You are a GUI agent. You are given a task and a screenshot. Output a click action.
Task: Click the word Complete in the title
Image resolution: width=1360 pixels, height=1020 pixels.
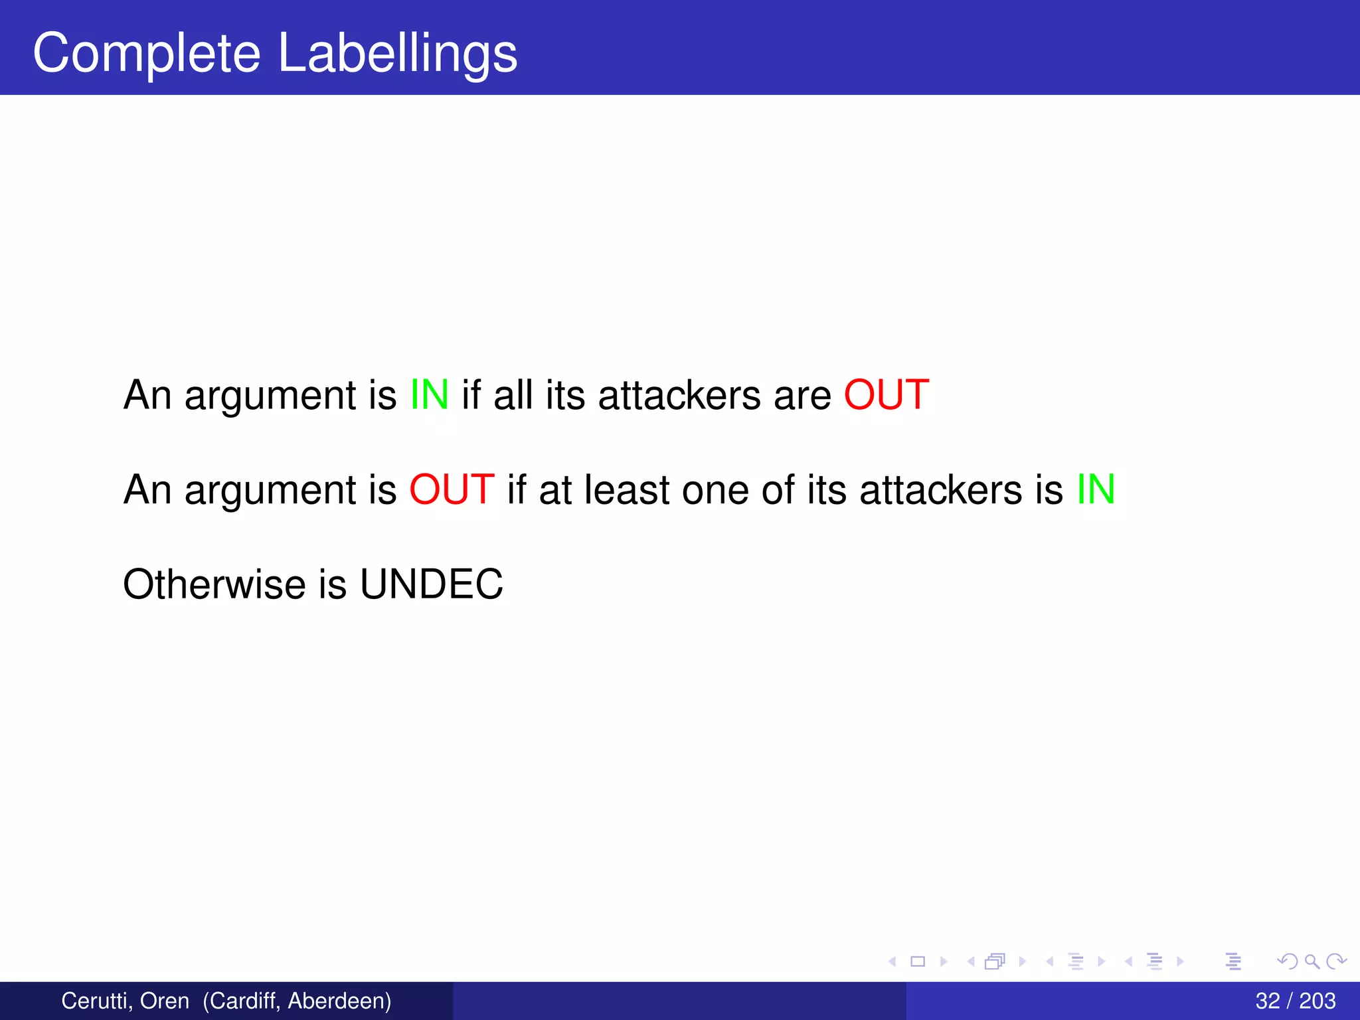[147, 53]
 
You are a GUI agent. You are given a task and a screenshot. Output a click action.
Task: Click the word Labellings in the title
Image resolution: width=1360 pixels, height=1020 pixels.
[397, 53]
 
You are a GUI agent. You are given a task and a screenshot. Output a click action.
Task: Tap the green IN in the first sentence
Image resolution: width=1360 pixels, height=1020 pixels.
[429, 394]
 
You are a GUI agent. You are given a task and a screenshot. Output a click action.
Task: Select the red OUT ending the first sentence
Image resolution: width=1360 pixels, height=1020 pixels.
[886, 394]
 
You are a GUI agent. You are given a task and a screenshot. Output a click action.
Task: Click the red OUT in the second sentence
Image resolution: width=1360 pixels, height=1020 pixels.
[452, 489]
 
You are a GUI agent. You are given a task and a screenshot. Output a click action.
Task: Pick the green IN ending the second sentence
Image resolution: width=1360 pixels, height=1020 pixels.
[1096, 489]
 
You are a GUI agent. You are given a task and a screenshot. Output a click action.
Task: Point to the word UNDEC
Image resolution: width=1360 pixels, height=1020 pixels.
[432, 584]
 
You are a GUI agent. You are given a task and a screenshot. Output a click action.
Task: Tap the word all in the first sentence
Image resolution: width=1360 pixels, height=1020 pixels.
[513, 394]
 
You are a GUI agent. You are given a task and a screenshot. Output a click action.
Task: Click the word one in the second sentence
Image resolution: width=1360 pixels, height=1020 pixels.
[715, 489]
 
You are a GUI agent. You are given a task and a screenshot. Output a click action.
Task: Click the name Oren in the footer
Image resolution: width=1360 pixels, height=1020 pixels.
[164, 1001]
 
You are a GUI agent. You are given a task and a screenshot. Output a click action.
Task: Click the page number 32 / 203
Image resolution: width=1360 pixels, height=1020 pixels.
[1295, 1001]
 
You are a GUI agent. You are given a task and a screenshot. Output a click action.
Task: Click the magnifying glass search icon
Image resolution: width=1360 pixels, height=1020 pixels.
[1312, 961]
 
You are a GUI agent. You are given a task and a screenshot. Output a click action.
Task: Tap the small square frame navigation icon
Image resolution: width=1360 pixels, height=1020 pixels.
[918, 961]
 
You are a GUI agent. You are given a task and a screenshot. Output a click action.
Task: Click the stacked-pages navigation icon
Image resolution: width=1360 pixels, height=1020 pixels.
[995, 961]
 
